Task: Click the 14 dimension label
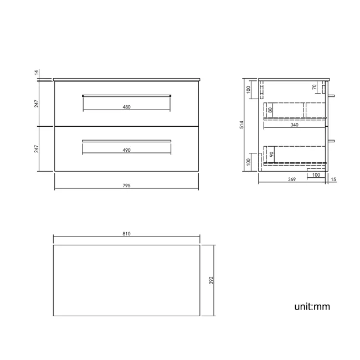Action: coord(36,73)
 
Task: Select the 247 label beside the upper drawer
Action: coord(36,104)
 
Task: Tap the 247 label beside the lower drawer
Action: coord(36,149)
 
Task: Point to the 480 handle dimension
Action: coord(127,107)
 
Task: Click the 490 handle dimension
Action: coord(127,150)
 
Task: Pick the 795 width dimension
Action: coord(126,186)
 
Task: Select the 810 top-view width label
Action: coord(126,234)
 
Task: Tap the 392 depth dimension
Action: coord(212,281)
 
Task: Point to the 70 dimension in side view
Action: coord(315,87)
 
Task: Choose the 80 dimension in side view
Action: coord(270,110)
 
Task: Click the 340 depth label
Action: coord(294,125)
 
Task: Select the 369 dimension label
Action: coord(292,179)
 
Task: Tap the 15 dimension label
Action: coord(333,179)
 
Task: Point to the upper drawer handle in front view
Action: coord(127,95)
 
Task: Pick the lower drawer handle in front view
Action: coord(127,141)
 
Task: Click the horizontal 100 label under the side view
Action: coord(316,175)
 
